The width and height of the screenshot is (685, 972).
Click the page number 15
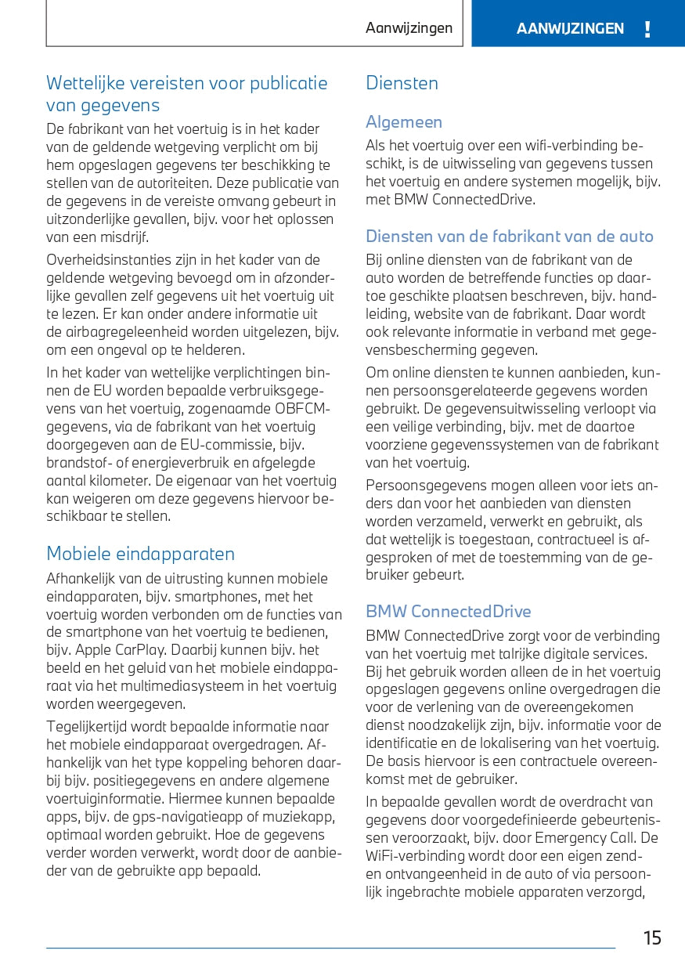coord(652,938)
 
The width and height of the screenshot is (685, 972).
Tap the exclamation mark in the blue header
coord(647,30)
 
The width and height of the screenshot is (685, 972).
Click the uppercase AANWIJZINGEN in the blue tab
coord(570,29)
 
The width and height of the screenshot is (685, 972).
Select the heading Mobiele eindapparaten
coord(140,554)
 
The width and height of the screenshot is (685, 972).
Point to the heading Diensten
coord(402,83)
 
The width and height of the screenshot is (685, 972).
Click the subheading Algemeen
coord(404,122)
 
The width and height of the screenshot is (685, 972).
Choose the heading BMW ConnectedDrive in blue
coord(449,612)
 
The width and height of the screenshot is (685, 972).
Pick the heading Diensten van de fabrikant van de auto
coord(509,237)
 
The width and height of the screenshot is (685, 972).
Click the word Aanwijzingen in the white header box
coord(409,28)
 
